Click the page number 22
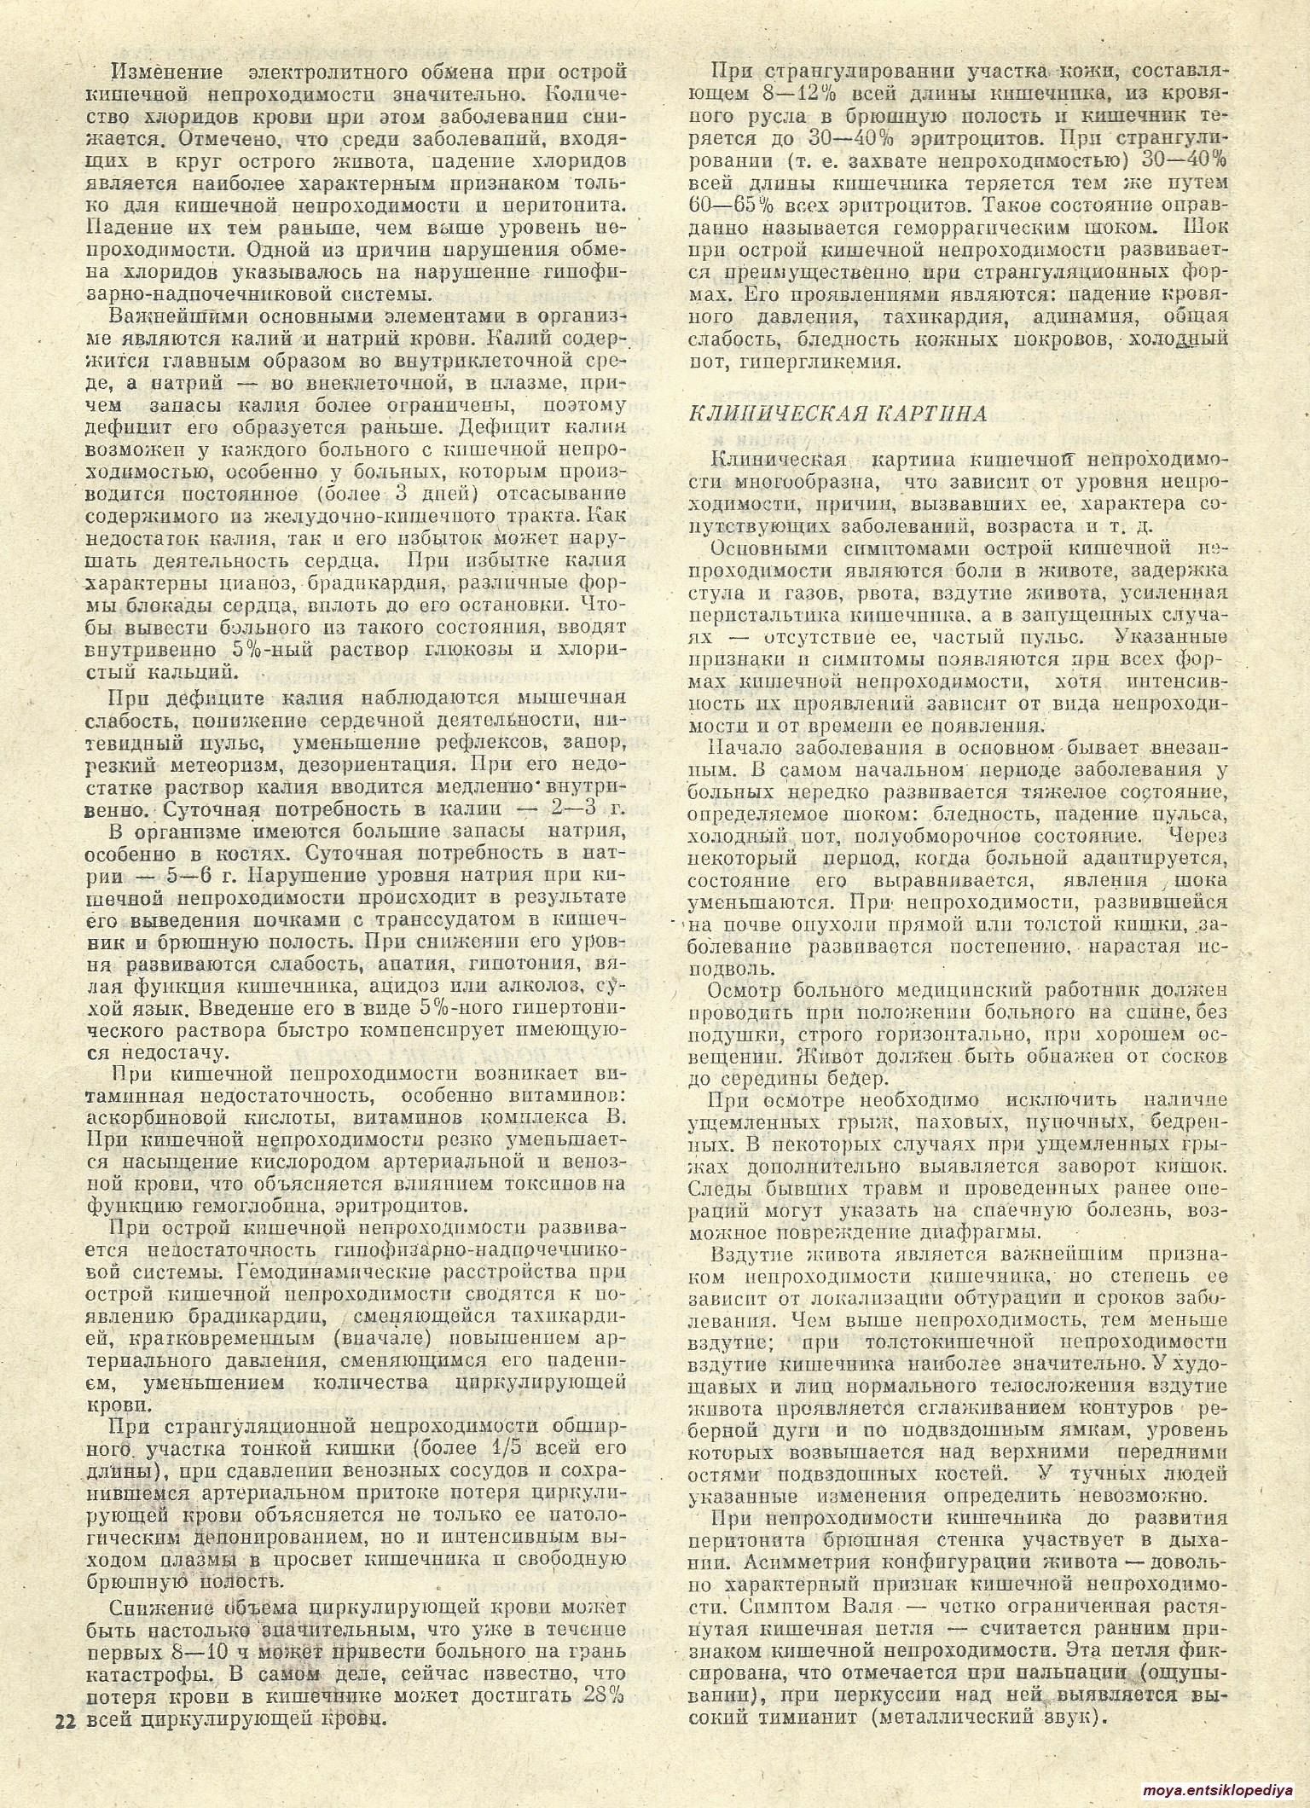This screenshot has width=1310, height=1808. click(64, 1718)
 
